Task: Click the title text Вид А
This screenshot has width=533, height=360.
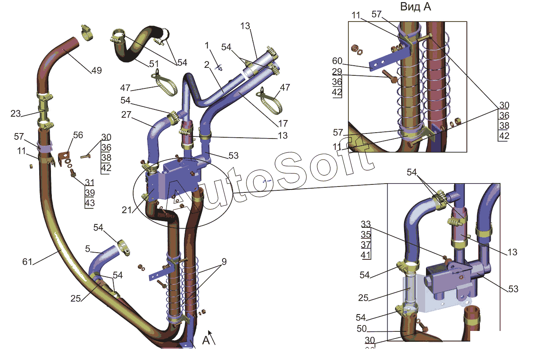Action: tap(415, 7)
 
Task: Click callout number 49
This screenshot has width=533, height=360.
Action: tap(96, 70)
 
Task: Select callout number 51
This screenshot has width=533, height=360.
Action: tap(153, 64)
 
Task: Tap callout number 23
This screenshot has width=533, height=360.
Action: tap(16, 113)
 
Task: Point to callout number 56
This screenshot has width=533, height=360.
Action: tap(78, 135)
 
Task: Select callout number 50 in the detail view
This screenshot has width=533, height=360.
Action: tap(362, 329)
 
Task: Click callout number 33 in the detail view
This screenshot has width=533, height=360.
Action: tap(366, 223)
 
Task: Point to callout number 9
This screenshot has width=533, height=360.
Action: tap(224, 261)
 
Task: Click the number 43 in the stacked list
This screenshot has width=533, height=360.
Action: tap(90, 203)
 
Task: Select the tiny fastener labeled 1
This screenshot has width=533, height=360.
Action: tap(220, 66)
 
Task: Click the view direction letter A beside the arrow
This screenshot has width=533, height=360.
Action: tap(206, 340)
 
